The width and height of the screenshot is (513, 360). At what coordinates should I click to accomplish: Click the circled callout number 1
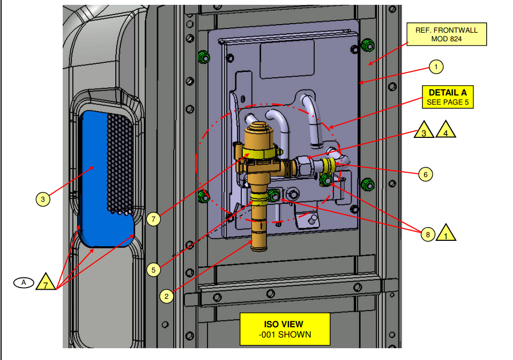(436, 67)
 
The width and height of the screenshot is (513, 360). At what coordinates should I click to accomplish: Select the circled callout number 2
(167, 295)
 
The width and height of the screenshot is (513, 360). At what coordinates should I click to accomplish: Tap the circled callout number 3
(43, 200)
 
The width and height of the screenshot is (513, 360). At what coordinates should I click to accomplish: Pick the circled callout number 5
(153, 269)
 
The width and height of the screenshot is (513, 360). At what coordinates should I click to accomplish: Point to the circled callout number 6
(425, 174)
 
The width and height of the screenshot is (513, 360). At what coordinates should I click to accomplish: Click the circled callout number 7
(153, 219)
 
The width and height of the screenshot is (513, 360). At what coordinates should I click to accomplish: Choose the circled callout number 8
(427, 234)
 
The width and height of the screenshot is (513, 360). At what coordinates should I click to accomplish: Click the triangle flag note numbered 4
(446, 130)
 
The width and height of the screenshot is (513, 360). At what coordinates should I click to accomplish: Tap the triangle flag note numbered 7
(46, 283)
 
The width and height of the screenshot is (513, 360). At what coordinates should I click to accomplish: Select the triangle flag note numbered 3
(423, 130)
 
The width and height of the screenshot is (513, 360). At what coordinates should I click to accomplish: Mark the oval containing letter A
(24, 282)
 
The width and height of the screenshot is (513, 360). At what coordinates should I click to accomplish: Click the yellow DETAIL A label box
(448, 97)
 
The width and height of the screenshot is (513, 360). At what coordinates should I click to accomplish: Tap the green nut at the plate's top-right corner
(367, 45)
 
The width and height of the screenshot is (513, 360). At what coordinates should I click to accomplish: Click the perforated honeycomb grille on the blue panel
(120, 161)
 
